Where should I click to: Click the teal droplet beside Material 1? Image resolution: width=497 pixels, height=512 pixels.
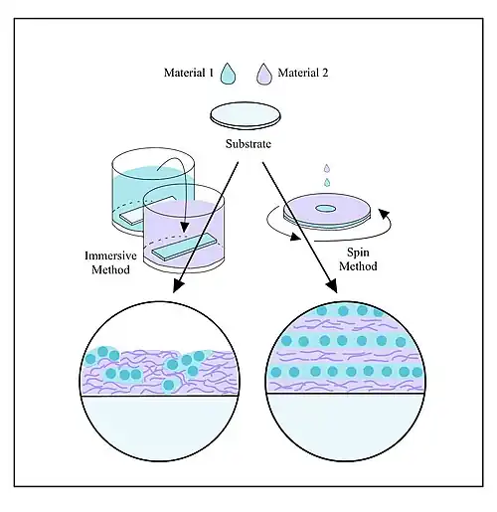[229, 74]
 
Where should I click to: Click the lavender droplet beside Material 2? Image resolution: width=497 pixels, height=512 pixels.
[264, 74]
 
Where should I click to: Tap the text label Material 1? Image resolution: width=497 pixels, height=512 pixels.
[189, 73]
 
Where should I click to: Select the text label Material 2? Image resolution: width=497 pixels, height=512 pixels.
[303, 73]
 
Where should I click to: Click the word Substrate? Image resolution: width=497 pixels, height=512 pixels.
[248, 144]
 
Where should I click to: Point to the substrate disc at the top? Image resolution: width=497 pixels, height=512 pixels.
[246, 115]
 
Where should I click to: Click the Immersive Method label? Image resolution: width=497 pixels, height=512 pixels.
[110, 262]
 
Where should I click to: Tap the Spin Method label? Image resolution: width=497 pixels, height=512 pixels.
[358, 259]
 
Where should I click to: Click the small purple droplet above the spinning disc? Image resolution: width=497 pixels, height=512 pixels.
[327, 168]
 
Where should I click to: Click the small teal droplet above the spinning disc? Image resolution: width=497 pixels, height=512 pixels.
[327, 182]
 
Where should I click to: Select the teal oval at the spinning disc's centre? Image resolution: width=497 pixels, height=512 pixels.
[325, 209]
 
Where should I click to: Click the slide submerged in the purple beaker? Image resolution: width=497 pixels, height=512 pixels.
[184, 247]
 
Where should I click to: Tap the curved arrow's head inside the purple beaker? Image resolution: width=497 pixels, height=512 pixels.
[185, 228]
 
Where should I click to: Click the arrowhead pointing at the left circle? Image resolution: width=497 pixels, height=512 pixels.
[179, 286]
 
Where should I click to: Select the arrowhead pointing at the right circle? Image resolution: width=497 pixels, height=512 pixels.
[332, 286]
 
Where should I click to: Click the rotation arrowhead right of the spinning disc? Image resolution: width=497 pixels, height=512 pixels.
[384, 214]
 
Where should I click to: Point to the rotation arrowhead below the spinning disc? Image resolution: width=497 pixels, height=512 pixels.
[296, 237]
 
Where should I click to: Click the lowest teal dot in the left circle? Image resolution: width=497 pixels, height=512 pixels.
[169, 385]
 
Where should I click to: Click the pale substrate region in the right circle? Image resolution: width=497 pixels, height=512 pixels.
[345, 426]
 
